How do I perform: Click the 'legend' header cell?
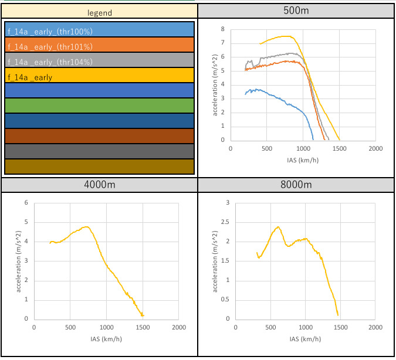point(99,12)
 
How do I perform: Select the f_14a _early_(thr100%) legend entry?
point(99,30)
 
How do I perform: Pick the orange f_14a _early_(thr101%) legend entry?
point(99,45)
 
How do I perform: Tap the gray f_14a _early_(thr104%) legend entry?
point(99,60)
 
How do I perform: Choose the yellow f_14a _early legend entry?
point(99,76)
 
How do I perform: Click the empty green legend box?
point(99,106)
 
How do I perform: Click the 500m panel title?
point(296,12)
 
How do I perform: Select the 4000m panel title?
point(99,185)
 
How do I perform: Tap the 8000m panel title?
point(296,185)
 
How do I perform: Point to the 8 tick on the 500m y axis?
point(222,29)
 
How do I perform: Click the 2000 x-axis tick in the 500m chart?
point(375,148)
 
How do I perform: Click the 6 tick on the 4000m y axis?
point(26,203)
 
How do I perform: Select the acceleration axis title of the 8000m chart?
point(214,261)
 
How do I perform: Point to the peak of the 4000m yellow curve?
point(86,226)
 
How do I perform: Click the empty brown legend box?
point(99,136)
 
